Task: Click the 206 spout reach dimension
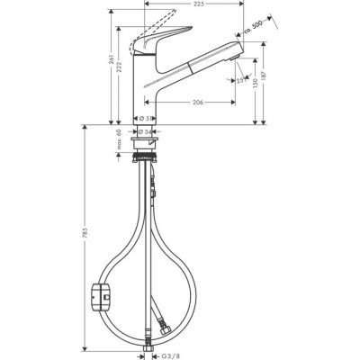pyautogui.click(x=197, y=102)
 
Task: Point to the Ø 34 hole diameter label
pyautogui.click(x=145, y=131)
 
